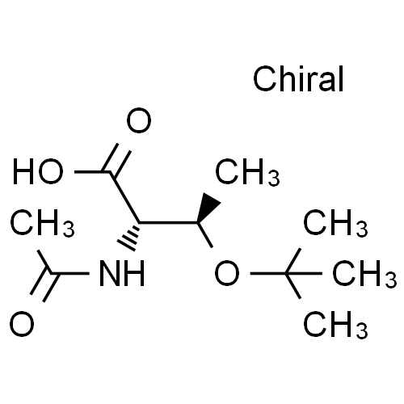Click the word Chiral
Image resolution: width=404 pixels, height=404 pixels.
(x=298, y=79)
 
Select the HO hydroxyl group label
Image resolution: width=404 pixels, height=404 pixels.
(x=38, y=171)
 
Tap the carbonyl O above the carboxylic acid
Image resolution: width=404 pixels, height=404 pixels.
(x=139, y=120)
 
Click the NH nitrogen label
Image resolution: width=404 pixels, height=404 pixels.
(x=122, y=273)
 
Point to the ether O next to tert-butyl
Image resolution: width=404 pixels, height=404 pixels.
(x=227, y=273)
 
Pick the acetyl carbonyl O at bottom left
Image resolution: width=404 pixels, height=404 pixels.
(x=22, y=324)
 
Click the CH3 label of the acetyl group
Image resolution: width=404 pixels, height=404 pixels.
(x=42, y=223)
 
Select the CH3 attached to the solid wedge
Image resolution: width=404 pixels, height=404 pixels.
(x=247, y=172)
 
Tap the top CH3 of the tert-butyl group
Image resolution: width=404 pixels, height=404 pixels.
(x=335, y=223)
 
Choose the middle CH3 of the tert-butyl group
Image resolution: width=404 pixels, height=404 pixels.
(x=364, y=274)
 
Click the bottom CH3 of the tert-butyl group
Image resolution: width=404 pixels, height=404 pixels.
(x=335, y=325)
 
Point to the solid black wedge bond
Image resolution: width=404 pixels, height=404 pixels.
(x=209, y=208)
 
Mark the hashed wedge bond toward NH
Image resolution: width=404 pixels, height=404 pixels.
(x=128, y=237)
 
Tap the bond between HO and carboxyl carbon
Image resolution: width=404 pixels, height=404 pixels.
(x=93, y=171)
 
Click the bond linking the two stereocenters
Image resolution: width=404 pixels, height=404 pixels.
(x=168, y=223)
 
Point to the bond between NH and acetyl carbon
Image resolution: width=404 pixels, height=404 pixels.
(x=70, y=274)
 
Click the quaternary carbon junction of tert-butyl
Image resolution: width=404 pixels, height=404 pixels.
(x=286, y=274)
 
